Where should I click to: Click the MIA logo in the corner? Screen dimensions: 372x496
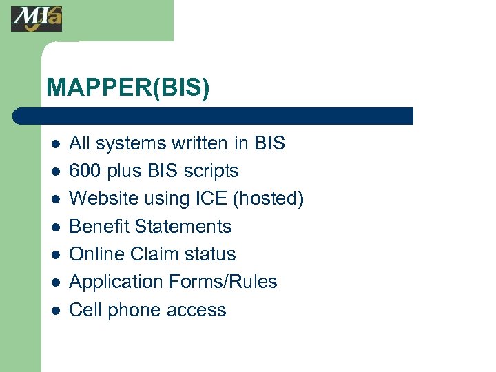[x=37, y=18]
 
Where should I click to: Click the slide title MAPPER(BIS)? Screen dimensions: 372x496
[x=127, y=87]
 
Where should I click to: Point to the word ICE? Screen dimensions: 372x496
[x=209, y=198]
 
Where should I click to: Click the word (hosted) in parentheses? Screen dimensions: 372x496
[x=268, y=199]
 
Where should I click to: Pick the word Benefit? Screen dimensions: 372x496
[x=99, y=226]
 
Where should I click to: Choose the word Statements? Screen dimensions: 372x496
[x=183, y=226]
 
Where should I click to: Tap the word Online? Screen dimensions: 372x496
[x=96, y=254]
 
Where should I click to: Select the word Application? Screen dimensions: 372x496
[x=113, y=282]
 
